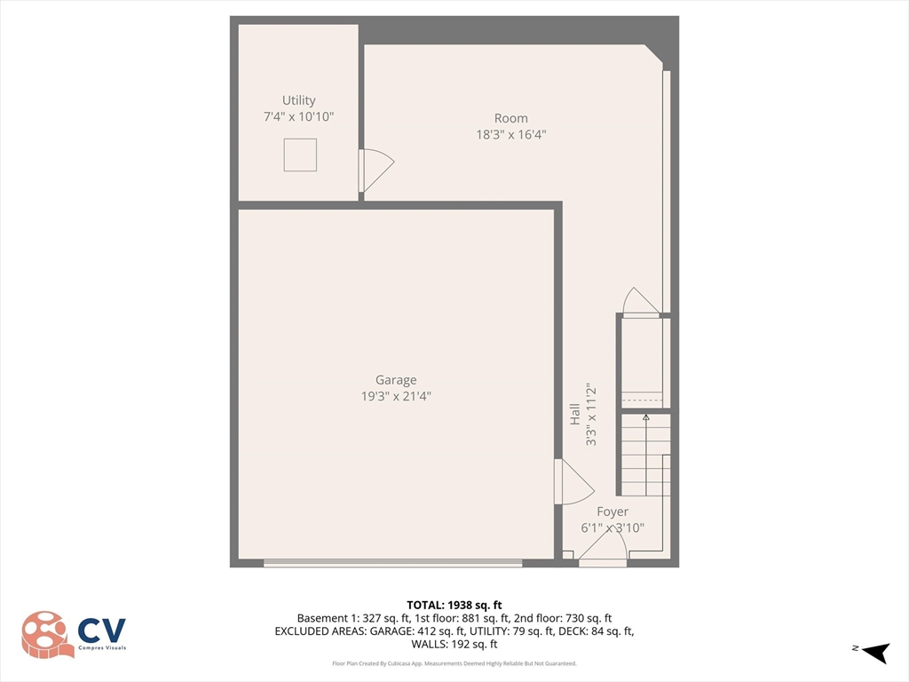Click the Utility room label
[298, 100]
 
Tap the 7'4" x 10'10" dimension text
[298, 117]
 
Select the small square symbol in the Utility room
[300, 155]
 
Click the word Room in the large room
[510, 118]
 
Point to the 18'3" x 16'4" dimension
[510, 135]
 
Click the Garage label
[395, 380]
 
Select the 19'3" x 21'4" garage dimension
[395, 397]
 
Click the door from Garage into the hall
[571, 482]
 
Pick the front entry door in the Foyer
[603, 554]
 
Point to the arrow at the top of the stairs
[645, 416]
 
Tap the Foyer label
[613, 511]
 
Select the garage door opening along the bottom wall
[393, 562]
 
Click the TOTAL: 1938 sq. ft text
[454, 605]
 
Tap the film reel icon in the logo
[47, 634]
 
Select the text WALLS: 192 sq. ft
[454, 644]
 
